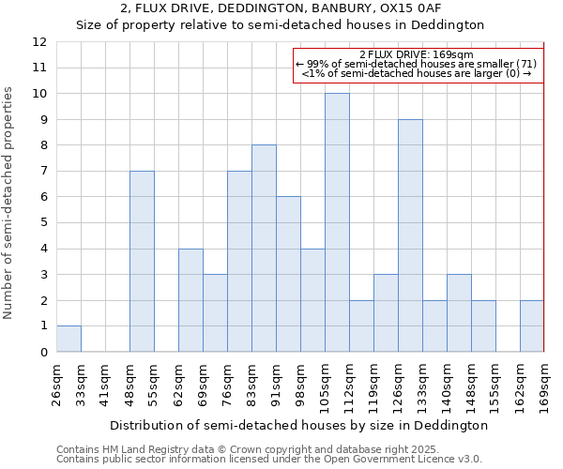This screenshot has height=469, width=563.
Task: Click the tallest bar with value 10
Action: pyautogui.click(x=337, y=222)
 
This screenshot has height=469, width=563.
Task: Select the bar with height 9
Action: pyautogui.click(x=410, y=235)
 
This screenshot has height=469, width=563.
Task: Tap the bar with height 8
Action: pyautogui.click(x=264, y=249)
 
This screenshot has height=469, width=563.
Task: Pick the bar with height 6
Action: pyautogui.click(x=288, y=274)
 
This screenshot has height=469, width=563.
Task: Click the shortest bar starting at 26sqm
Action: pyautogui.click(x=68, y=339)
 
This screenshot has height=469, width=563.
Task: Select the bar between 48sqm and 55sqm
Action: pyautogui.click(x=142, y=262)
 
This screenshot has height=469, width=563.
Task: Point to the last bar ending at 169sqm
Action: pyautogui.click(x=532, y=326)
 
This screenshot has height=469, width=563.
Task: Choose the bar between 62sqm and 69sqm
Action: pyautogui.click(x=190, y=300)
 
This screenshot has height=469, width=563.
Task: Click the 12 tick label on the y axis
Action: pyautogui.click(x=38, y=42)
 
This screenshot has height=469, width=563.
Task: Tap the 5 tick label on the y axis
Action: pyautogui.click(x=42, y=223)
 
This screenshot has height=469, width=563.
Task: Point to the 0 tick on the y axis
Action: pyautogui.click(x=42, y=353)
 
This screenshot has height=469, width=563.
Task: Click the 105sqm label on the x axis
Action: pyautogui.click(x=325, y=385)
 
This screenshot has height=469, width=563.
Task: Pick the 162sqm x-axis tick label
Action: pyautogui.click(x=520, y=385)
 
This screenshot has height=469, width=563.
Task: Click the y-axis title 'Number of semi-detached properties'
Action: pyautogui.click(x=9, y=203)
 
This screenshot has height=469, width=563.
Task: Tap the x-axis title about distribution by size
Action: pyautogui.click(x=298, y=425)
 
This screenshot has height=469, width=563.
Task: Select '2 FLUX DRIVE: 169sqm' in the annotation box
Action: pyautogui.click(x=416, y=54)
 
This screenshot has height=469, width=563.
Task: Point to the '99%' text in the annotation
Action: pyautogui.click(x=315, y=64)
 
